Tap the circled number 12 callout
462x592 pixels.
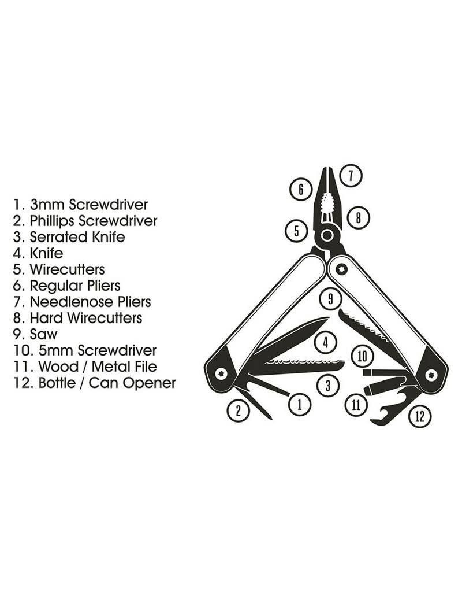click(x=420, y=416)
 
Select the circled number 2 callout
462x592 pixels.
click(x=238, y=410)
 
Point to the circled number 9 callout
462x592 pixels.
click(x=330, y=299)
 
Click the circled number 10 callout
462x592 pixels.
click(x=362, y=356)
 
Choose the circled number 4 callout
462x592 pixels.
click(x=326, y=343)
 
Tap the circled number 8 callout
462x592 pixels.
click(x=359, y=218)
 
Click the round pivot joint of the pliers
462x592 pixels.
click(x=327, y=236)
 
